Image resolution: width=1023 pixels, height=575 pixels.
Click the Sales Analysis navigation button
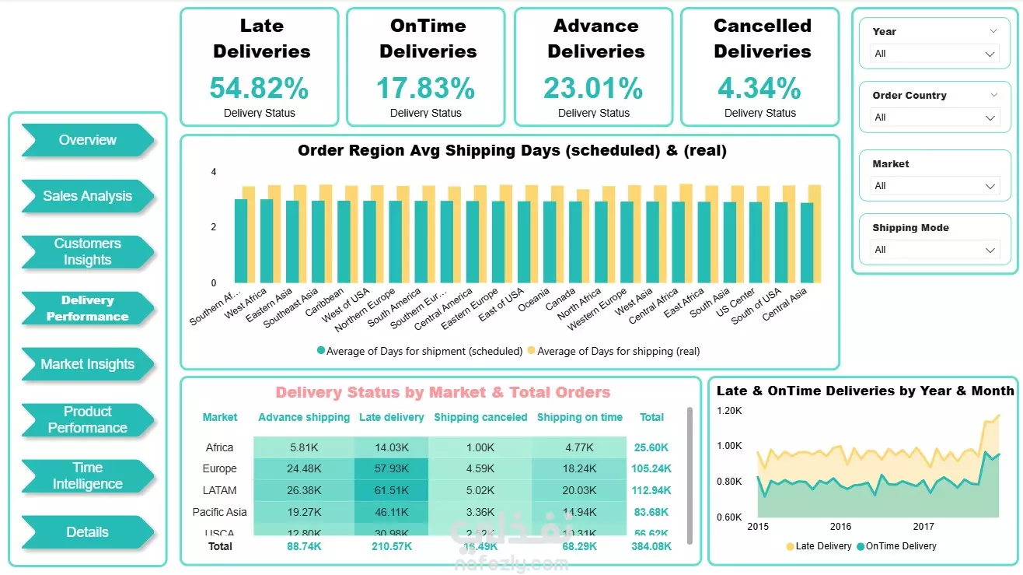(87, 196)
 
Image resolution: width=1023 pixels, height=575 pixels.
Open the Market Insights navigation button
(87, 364)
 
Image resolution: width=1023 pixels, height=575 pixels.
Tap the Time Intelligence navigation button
(87, 475)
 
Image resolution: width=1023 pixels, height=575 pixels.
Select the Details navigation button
(87, 532)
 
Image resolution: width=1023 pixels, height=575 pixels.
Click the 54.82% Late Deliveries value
(259, 88)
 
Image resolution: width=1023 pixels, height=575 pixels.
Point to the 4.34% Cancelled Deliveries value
(759, 88)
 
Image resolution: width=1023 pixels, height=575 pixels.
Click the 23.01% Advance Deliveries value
(593, 88)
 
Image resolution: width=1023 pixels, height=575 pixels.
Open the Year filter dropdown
(934, 54)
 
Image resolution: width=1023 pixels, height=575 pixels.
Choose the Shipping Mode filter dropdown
(934, 250)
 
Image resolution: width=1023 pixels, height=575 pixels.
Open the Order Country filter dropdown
(934, 117)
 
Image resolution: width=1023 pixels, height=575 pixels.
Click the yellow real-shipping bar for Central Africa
(685, 233)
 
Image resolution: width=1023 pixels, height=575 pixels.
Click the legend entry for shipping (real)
(614, 352)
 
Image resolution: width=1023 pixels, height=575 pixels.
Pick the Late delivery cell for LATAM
(391, 490)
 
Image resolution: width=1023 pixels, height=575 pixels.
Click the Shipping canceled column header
(480, 417)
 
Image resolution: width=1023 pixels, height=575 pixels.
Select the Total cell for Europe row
(651, 468)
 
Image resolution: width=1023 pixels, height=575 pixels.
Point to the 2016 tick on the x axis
(841, 527)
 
